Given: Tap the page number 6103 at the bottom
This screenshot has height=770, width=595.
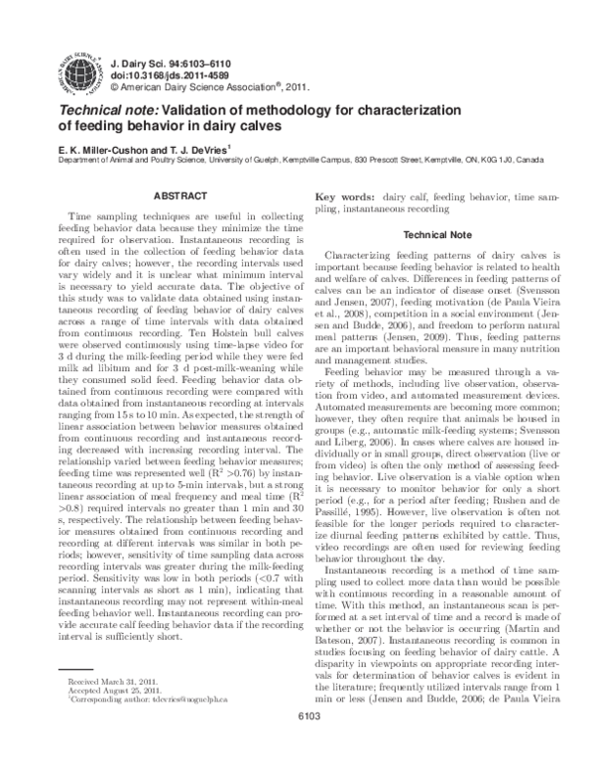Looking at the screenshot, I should point(297,746).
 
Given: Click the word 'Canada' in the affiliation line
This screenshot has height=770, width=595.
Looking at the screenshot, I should point(531,159).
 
